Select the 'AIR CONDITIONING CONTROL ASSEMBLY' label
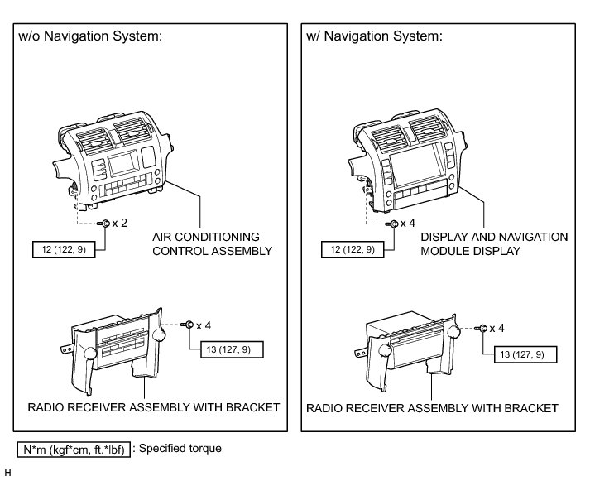(x=212, y=243)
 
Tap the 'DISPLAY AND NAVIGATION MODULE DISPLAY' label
(x=494, y=243)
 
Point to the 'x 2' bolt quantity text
(x=120, y=224)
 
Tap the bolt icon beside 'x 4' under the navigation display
(x=395, y=224)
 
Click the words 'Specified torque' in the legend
(x=180, y=449)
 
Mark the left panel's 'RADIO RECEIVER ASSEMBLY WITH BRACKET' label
(x=153, y=407)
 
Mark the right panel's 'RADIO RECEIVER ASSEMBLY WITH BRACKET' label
(x=432, y=408)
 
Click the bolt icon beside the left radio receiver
(x=189, y=324)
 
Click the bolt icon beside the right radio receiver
(x=480, y=329)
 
